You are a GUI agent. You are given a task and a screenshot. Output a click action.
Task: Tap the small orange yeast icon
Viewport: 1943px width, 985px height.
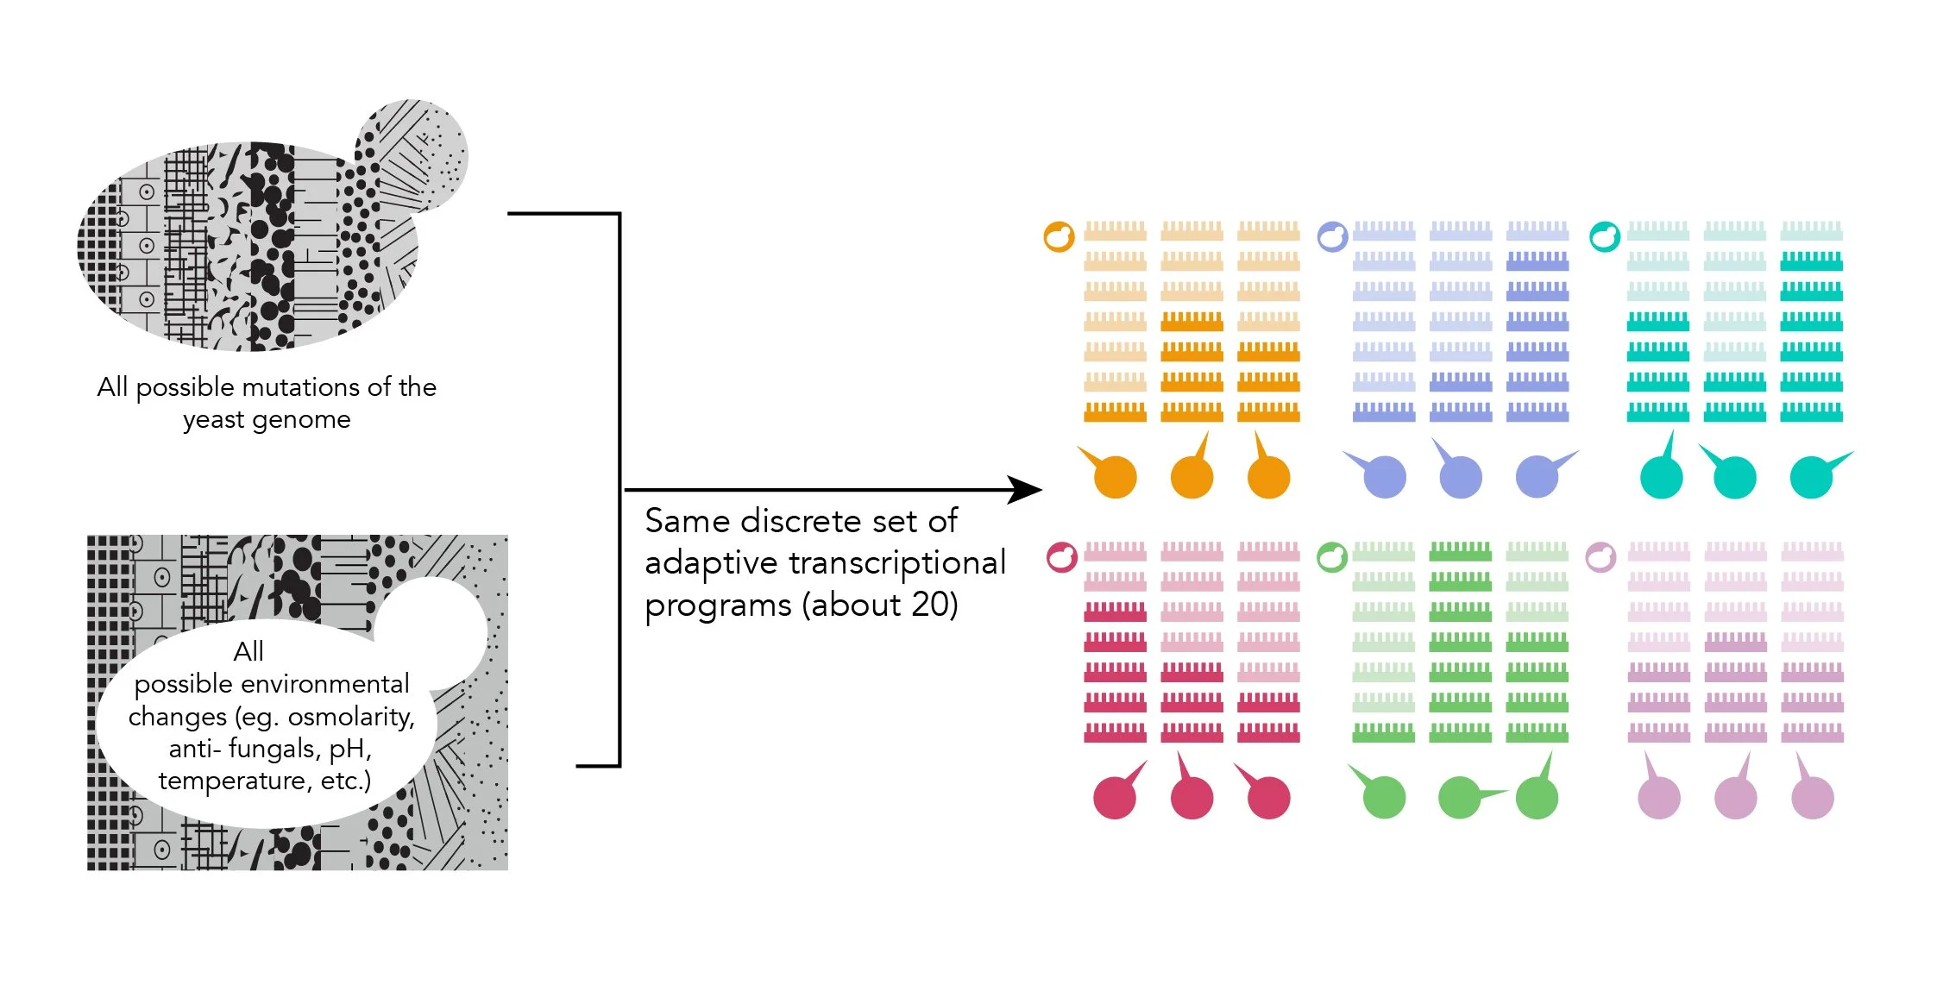[1059, 236]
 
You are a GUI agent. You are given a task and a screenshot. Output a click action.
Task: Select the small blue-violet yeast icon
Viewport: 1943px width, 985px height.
[1332, 236]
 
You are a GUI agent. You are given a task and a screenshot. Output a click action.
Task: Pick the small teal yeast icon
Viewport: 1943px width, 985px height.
[1605, 236]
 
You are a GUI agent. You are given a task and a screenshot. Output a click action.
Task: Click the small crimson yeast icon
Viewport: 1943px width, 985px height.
[1061, 557]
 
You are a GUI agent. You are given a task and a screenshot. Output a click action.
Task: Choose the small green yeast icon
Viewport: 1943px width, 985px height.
[1332, 557]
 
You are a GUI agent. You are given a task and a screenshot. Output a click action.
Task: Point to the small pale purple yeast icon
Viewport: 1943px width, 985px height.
[1600, 557]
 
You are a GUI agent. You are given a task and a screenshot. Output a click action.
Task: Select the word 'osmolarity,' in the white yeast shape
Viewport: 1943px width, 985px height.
[351, 717]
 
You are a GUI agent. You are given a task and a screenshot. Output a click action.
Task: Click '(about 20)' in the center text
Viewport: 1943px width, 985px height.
[879, 605]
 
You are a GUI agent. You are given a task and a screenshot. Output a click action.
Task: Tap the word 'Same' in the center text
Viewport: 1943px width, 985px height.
[687, 521]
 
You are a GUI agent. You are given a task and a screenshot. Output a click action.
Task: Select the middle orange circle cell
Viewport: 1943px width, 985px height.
[1192, 477]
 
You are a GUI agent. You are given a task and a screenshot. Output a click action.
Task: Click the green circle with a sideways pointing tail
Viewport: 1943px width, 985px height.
[1460, 797]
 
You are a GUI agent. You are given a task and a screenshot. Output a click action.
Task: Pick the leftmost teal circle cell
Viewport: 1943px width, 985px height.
[1661, 477]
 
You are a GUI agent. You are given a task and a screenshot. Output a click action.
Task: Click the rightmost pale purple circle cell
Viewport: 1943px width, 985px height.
[1812, 797]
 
